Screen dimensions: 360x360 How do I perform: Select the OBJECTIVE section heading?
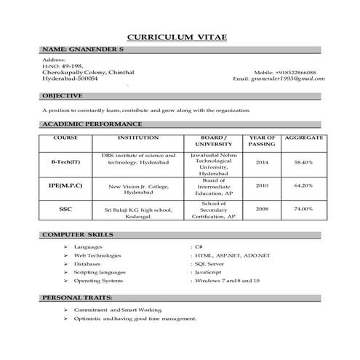tap(63, 95)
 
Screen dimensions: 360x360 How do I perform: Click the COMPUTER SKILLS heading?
tap(76, 236)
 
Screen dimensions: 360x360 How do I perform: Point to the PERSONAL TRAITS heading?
tap(76, 298)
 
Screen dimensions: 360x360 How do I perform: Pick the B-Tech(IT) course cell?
tap(65, 162)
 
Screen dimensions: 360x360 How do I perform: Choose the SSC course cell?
tap(65, 209)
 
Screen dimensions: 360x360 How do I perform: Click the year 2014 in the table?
tap(261, 162)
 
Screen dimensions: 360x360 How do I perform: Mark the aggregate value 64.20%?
tap(303, 185)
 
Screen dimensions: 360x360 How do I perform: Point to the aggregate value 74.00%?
tap(303, 209)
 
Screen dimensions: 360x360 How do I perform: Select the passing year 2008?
tap(261, 209)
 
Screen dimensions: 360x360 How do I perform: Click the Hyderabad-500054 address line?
tap(70, 79)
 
